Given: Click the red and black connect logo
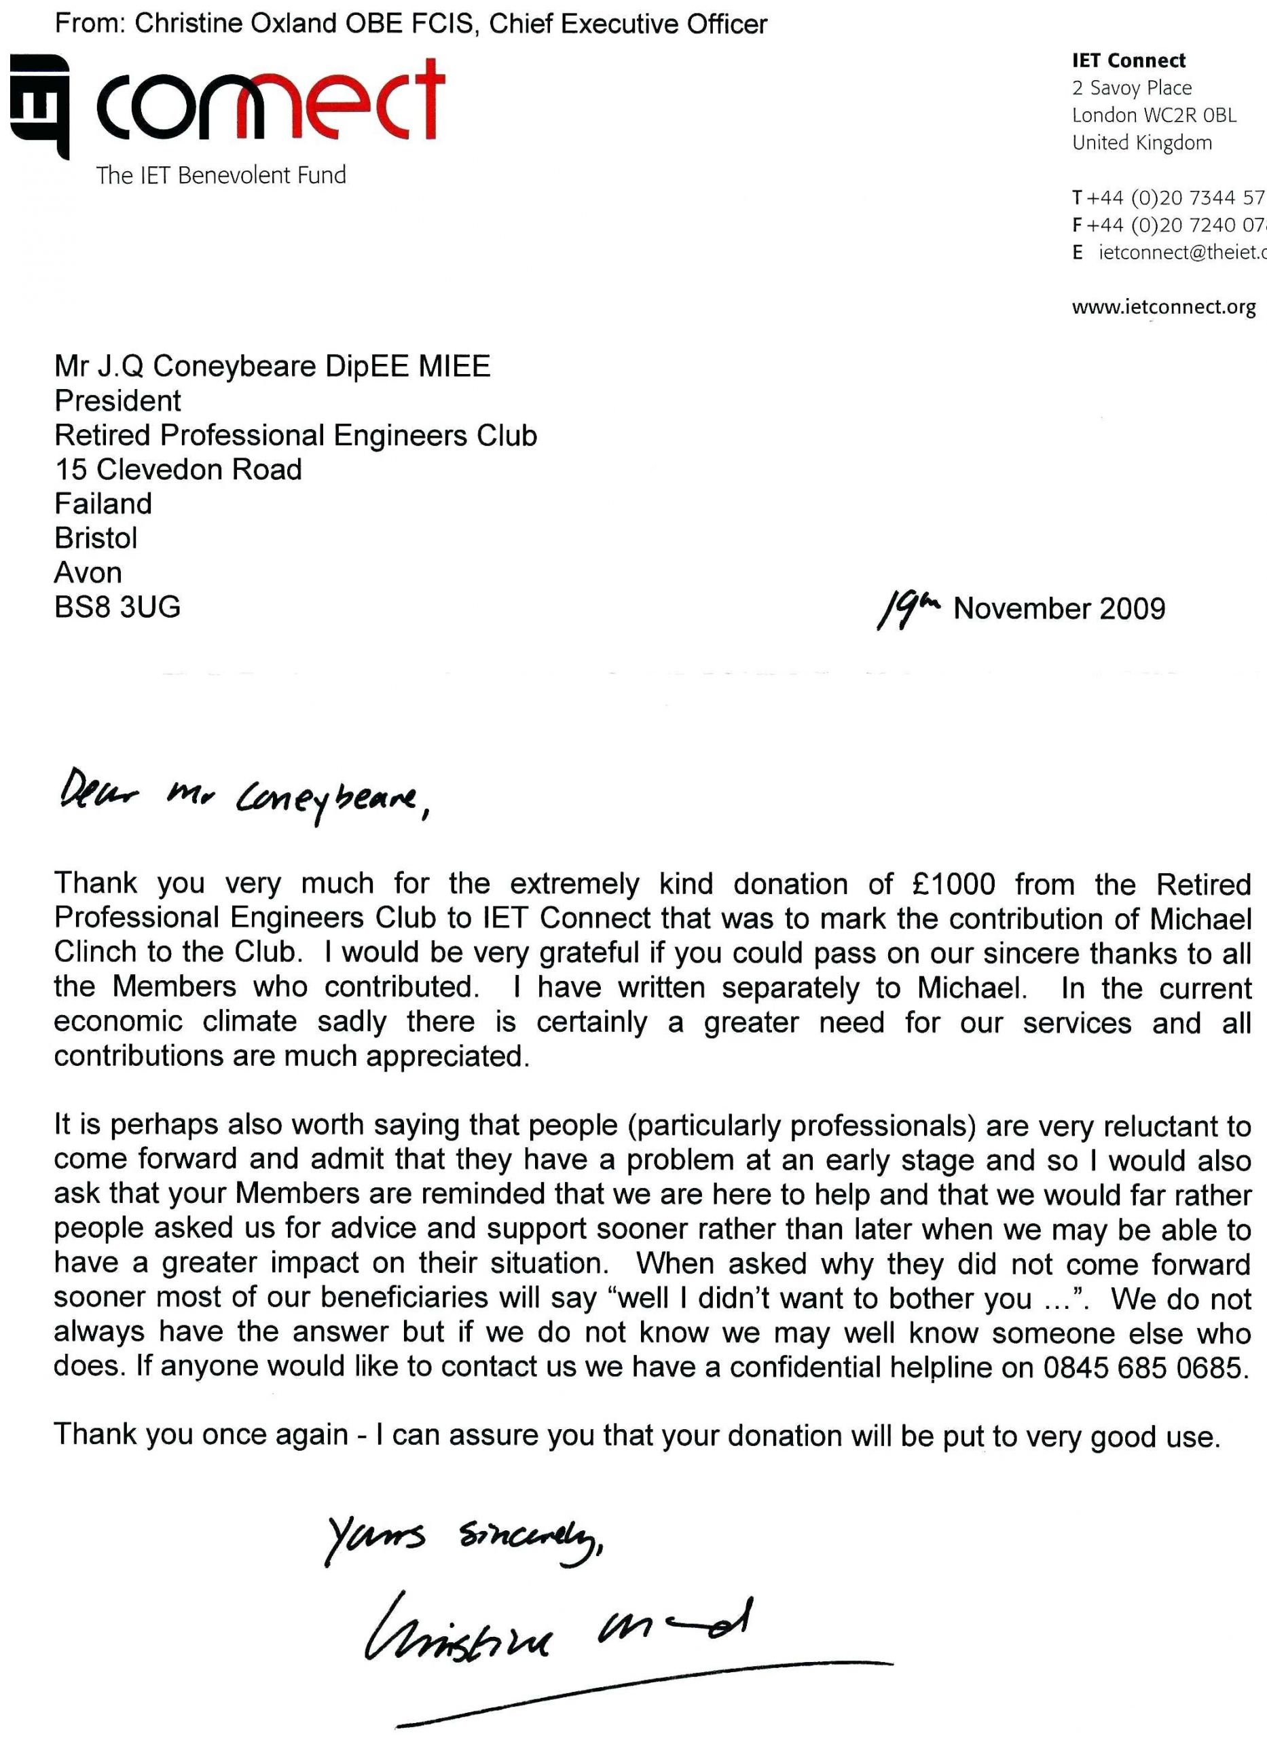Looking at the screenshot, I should point(227,103).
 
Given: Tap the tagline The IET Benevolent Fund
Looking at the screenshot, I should point(221,176).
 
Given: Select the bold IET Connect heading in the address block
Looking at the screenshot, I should point(1128,60).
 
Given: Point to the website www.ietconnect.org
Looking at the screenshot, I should point(1164,308).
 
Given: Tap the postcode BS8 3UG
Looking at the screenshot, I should point(117,607).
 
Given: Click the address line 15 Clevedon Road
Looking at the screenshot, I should point(178,469).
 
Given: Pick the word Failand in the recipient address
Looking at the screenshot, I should point(103,504).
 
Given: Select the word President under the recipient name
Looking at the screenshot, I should point(118,401).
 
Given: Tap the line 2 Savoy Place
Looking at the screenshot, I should point(1131,88).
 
